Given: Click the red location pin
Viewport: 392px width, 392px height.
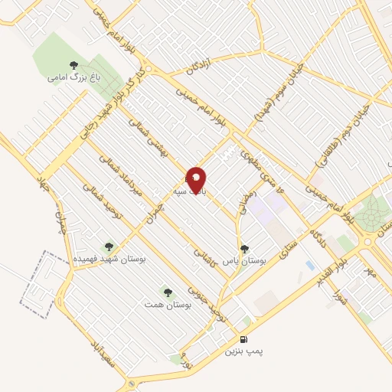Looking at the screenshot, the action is [x=197, y=180].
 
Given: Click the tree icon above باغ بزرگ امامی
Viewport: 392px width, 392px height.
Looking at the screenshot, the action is [x=73, y=65].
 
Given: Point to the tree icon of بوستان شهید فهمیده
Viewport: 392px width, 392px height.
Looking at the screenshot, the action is [x=108, y=247].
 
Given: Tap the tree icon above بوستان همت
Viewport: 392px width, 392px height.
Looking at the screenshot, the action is [x=167, y=292].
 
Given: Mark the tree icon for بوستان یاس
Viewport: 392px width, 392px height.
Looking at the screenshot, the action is [x=244, y=248].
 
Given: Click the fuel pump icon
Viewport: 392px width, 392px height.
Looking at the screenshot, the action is [x=243, y=339].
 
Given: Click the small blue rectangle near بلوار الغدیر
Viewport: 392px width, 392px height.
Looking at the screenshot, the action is [x=309, y=265].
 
